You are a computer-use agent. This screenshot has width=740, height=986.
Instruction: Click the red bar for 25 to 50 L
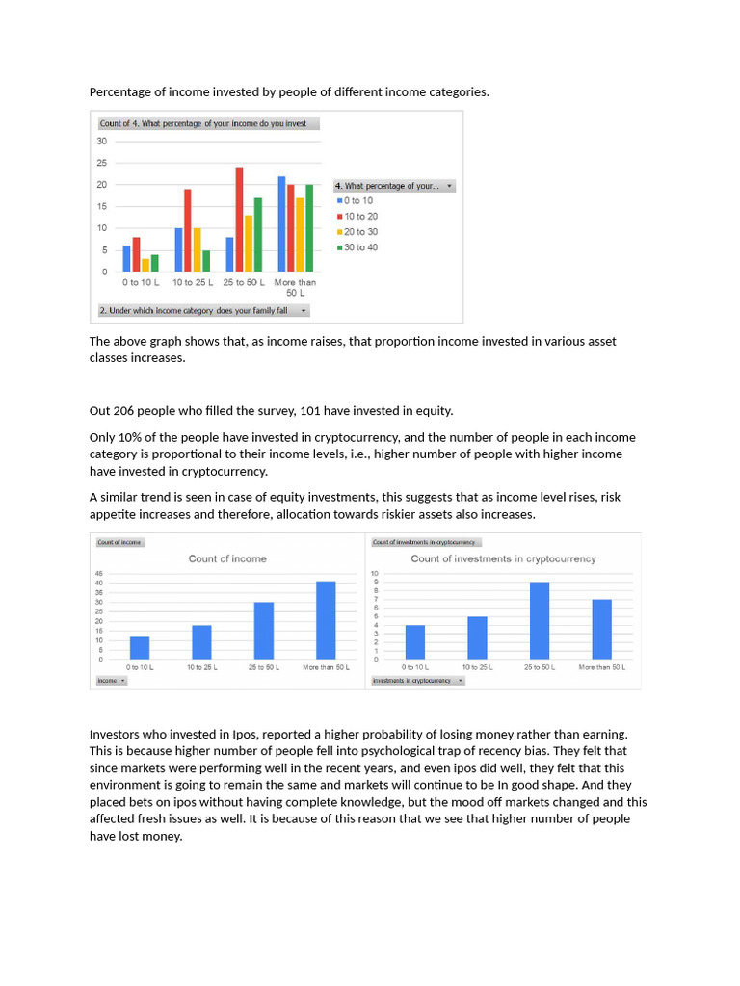click(239, 220)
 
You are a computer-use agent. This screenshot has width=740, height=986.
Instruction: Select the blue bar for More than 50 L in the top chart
click(281, 223)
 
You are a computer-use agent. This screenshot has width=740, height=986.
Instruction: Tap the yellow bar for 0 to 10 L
click(145, 265)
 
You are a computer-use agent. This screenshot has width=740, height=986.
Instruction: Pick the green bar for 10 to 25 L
click(206, 261)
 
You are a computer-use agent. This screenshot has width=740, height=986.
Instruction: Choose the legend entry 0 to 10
click(357, 200)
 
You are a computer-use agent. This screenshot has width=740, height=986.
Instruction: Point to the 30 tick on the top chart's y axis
click(102, 141)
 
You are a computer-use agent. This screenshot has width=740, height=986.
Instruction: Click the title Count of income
click(227, 558)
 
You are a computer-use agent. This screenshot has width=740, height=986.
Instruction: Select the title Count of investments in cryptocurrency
click(503, 558)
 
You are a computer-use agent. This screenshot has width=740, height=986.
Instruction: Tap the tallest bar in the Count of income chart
click(326, 620)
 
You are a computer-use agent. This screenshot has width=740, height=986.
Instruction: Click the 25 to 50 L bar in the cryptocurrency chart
click(540, 620)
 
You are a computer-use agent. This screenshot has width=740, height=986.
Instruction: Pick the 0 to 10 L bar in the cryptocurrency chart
click(414, 641)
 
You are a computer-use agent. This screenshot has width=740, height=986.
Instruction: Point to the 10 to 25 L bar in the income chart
click(201, 641)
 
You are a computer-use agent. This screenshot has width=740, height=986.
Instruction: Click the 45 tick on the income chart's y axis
click(99, 574)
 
